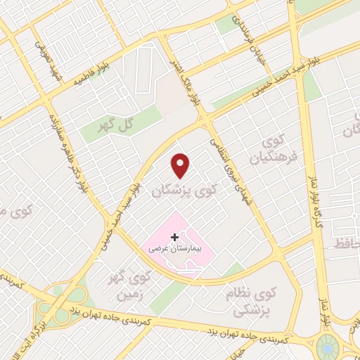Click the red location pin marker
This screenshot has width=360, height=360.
pos(181,165)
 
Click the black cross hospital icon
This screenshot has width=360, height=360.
pos(174,238)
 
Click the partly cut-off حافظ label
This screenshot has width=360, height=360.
pos(350,243)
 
